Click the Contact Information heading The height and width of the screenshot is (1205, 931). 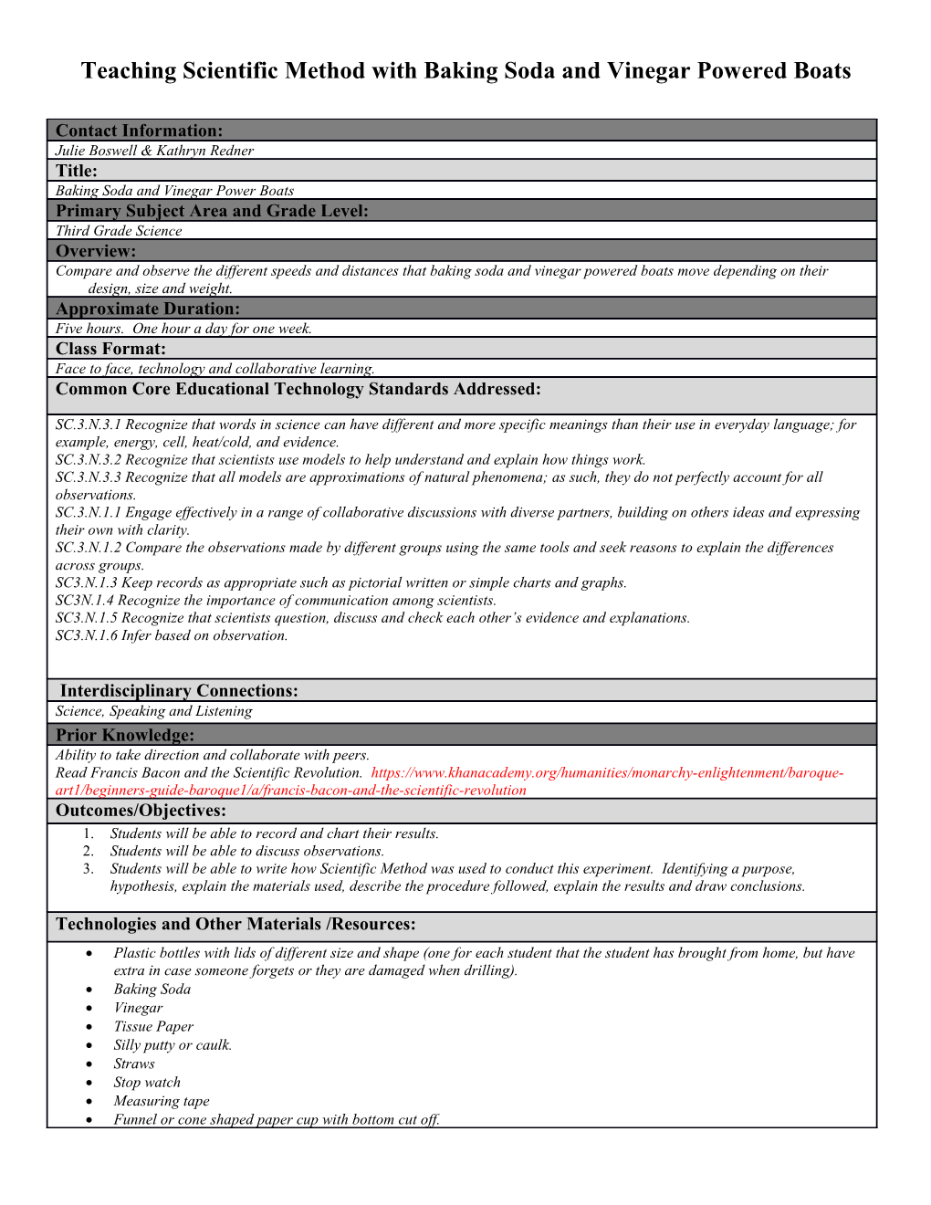point(139,131)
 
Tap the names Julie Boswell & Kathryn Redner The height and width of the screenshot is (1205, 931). point(154,151)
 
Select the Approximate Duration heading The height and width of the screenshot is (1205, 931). point(148,309)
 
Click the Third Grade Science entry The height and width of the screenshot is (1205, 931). point(119,231)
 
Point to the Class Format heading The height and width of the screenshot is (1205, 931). point(110,349)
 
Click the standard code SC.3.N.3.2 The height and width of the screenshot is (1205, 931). point(89,460)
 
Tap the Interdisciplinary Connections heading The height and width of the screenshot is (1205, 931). point(179,691)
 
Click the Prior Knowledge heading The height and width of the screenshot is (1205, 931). point(125,735)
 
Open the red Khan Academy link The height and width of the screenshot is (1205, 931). point(607,773)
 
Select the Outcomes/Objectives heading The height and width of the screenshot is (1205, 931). point(141,811)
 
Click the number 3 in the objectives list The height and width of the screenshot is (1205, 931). point(88,869)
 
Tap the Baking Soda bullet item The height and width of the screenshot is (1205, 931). point(152,990)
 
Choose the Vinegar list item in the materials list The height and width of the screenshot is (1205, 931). point(138,1008)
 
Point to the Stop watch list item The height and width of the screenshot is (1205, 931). point(147,1083)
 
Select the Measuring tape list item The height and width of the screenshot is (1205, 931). point(162,1101)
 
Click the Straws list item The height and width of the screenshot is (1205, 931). point(134,1064)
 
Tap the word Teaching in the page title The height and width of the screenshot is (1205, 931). point(129,71)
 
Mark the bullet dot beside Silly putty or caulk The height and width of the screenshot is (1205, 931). point(89,1045)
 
